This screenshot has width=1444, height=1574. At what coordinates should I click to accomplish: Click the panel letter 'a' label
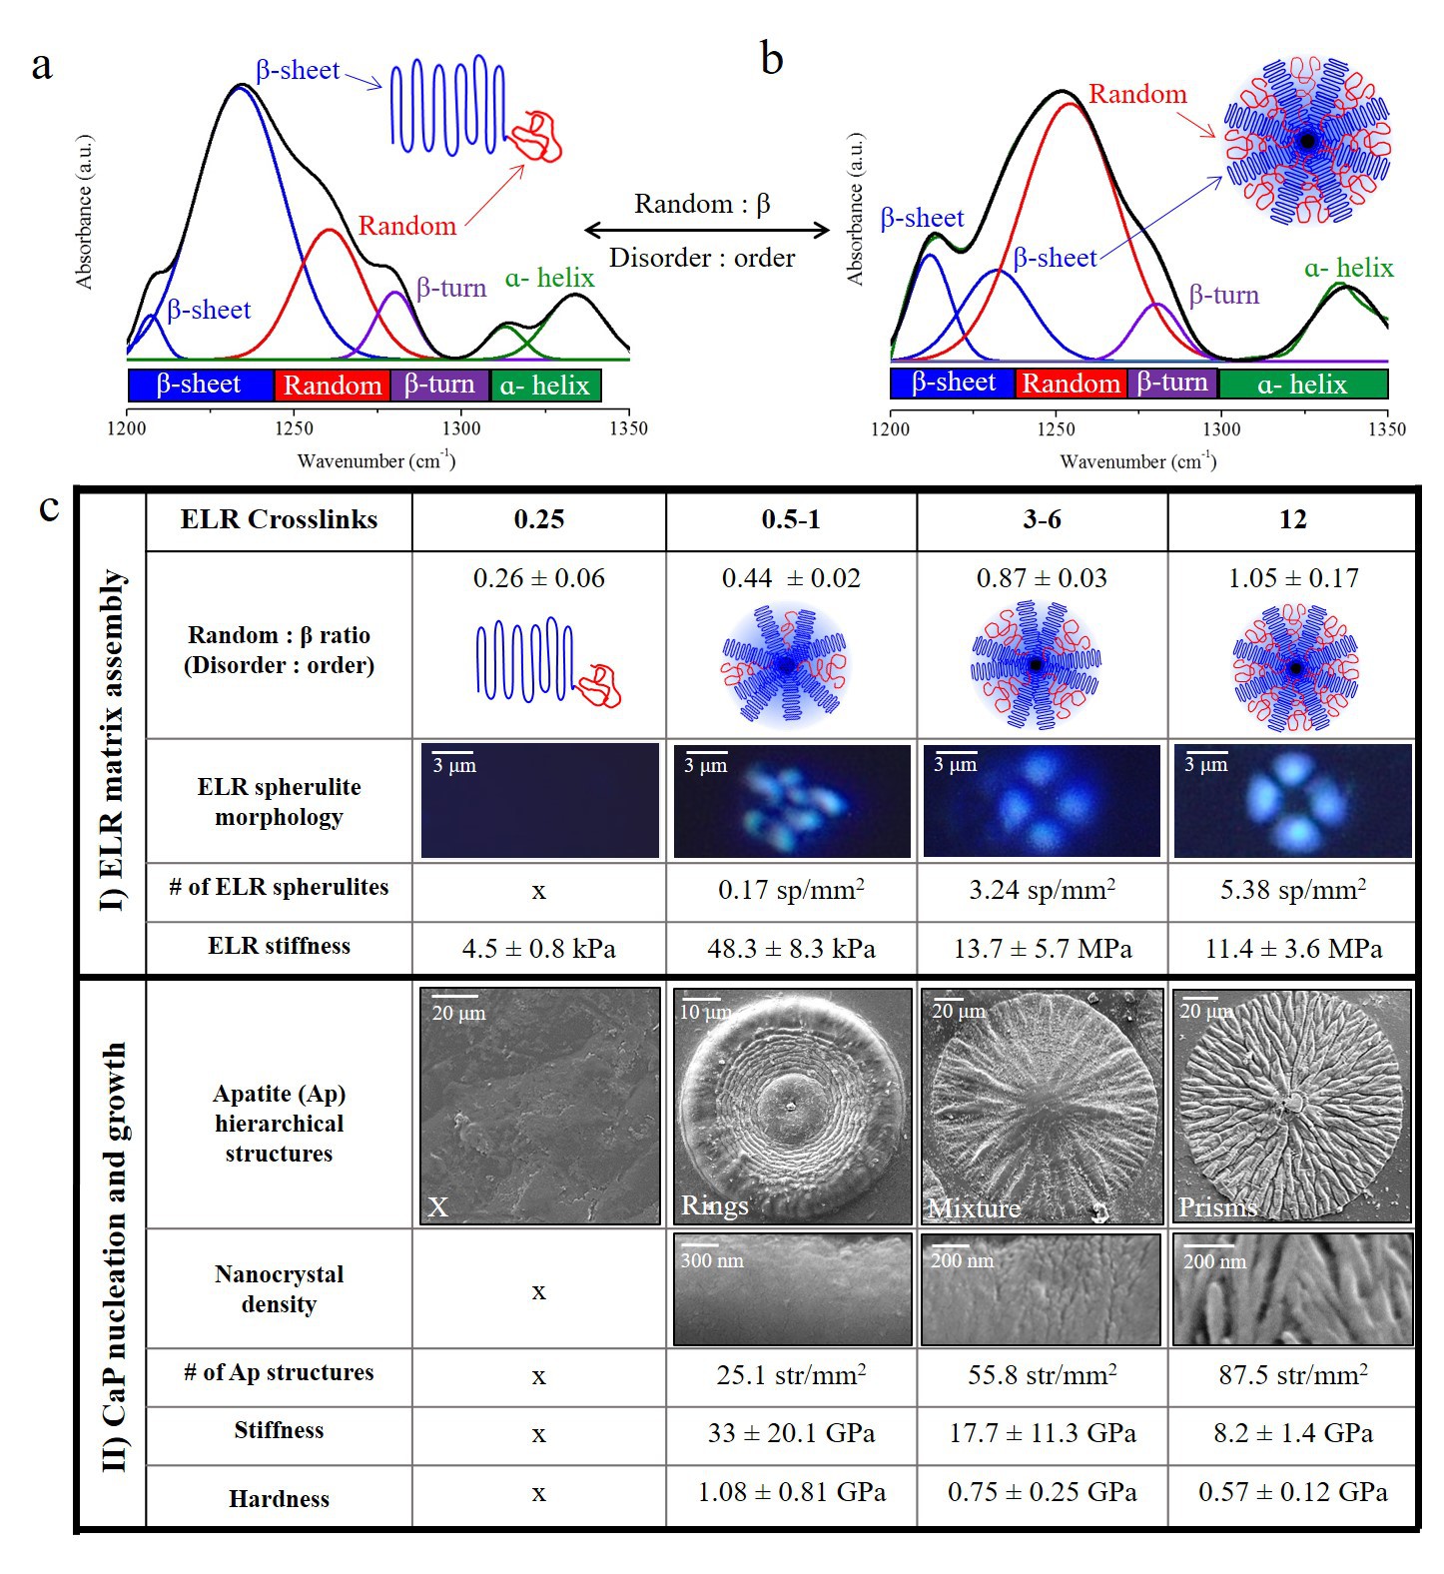point(41,66)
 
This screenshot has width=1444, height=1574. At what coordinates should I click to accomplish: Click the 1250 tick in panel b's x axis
point(1056,429)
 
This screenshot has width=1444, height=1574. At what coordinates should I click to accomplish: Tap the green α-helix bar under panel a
point(545,386)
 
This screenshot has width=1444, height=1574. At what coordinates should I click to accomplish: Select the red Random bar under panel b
point(1071,384)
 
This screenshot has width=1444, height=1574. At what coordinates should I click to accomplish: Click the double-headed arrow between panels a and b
point(707,231)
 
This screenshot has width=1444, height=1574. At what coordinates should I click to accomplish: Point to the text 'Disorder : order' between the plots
point(702,258)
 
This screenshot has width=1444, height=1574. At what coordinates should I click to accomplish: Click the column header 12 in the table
point(1292,519)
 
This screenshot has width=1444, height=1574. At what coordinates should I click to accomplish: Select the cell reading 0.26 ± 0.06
point(538,578)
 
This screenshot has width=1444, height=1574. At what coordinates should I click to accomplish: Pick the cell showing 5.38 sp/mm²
point(1292,890)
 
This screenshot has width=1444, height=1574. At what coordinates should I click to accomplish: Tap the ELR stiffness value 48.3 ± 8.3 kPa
point(791,948)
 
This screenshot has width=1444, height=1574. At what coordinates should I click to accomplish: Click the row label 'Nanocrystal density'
point(279,1289)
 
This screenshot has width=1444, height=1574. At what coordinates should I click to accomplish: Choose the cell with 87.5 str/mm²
point(1292,1375)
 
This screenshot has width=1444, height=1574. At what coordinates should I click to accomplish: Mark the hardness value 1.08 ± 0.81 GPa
point(791,1492)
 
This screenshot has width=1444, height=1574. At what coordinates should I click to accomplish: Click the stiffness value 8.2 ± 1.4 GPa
point(1292,1433)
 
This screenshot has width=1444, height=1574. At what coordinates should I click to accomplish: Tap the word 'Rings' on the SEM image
point(714,1205)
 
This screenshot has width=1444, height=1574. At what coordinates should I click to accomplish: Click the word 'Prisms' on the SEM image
point(1217,1207)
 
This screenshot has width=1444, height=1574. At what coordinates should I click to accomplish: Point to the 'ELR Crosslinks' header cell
point(279,519)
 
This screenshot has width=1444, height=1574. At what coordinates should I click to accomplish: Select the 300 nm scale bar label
point(712,1261)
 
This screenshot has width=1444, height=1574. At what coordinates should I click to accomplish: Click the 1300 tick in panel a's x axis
point(460,429)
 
